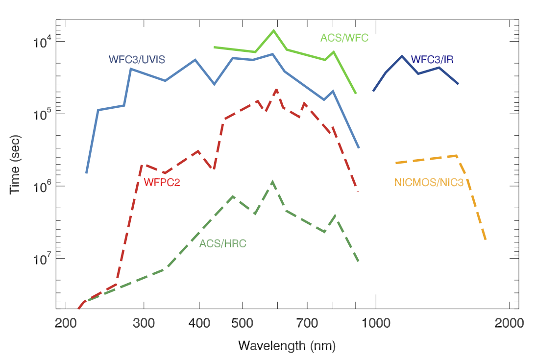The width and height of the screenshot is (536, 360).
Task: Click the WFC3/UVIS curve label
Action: tap(137, 60)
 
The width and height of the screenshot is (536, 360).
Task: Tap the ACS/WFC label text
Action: tap(344, 37)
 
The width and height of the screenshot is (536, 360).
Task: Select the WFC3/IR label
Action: tap(432, 60)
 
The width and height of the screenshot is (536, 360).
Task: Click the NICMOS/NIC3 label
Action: tap(429, 183)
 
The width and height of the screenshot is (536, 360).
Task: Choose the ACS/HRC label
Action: tap(223, 242)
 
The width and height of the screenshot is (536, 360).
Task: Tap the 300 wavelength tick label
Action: tap(144, 323)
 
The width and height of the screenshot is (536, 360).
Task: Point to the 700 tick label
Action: tap(307, 323)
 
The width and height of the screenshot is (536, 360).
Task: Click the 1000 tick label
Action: tap(376, 323)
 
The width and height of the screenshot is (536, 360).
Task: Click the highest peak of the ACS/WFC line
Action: tap(273, 30)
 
